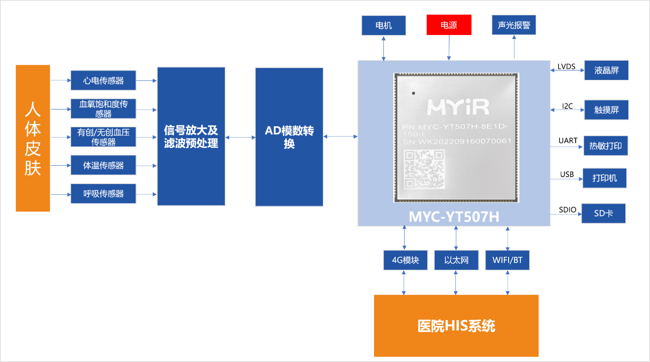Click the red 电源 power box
[448, 25]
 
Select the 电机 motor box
[383, 26]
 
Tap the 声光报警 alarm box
[513, 25]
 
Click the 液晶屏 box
[606, 71]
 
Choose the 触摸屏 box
[606, 110]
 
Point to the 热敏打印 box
[606, 146]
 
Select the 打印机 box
[604, 178]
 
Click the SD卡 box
[603, 214]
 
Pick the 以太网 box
[456, 260]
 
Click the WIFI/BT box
[507, 260]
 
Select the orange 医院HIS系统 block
[456, 326]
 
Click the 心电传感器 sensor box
[103, 80]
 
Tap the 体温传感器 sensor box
[103, 165]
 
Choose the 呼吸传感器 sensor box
[103, 194]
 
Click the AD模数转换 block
[289, 137]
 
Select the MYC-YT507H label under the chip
[454, 217]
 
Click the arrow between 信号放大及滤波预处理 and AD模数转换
[240, 137]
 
